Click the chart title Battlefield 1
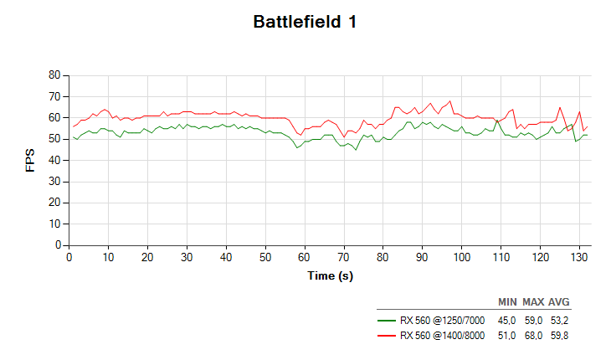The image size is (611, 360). [305, 23]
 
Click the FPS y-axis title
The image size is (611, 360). [31, 160]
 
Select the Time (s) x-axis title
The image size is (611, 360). [330, 275]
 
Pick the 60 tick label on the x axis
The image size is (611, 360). [305, 258]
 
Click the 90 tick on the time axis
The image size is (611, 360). [423, 258]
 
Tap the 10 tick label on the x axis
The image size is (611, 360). [108, 258]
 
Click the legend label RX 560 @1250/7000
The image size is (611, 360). [442, 320]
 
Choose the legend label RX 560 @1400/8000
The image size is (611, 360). [442, 336]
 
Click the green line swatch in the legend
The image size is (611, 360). [386, 320]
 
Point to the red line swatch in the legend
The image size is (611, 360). [386, 336]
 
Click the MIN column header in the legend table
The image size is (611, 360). [507, 301]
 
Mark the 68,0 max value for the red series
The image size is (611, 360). [532, 336]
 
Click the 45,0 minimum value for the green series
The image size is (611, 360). [506, 320]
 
